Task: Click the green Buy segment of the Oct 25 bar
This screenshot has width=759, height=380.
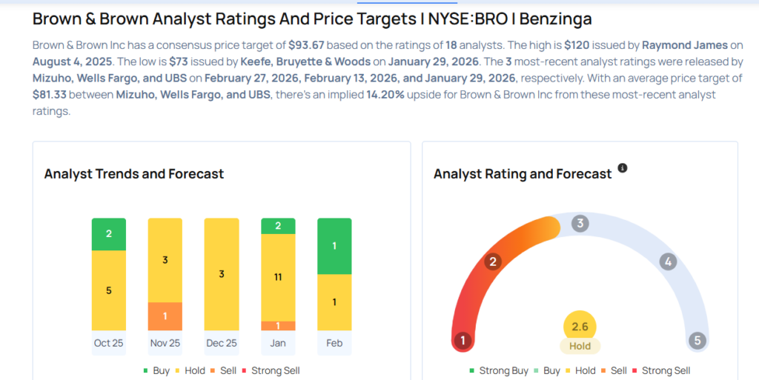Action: pyautogui.click(x=109, y=234)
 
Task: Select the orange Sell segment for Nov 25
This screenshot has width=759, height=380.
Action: pyautogui.click(x=165, y=316)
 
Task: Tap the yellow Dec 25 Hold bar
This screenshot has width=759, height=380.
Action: pyautogui.click(x=222, y=274)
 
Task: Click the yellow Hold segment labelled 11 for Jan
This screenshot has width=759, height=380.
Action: pyautogui.click(x=278, y=277)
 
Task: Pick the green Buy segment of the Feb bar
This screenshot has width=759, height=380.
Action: pyautogui.click(x=334, y=246)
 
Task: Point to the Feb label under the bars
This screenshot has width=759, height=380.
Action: pyautogui.click(x=334, y=343)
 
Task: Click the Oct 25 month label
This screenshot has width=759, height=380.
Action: pyautogui.click(x=109, y=343)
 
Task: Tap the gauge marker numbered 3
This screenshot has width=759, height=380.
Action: pyautogui.click(x=581, y=223)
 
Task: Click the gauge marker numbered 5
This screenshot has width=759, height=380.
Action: pyautogui.click(x=696, y=341)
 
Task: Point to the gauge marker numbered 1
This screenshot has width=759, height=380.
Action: pyautogui.click(x=463, y=341)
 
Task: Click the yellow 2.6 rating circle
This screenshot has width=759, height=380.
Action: pyautogui.click(x=580, y=327)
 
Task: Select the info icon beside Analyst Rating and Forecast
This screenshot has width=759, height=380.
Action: pyautogui.click(x=623, y=168)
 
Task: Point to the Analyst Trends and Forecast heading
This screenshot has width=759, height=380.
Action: pyautogui.click(x=134, y=174)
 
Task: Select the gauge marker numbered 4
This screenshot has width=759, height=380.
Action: pyautogui.click(x=668, y=261)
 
